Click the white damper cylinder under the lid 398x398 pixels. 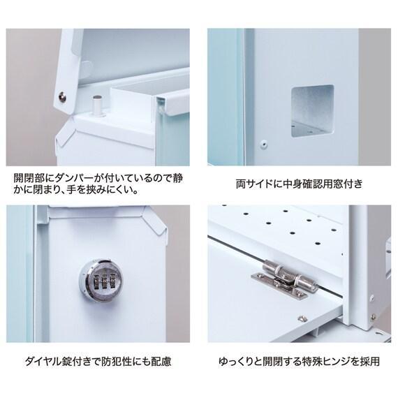coord(97,104)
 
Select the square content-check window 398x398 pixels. coord(311,110)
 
